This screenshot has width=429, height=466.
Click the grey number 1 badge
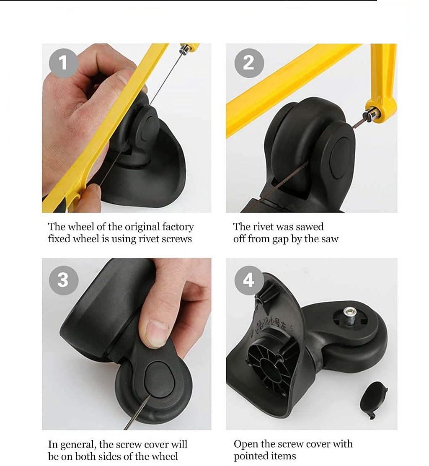point(63,63)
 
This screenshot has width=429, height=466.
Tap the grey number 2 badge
point(249,63)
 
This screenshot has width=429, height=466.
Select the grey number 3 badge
point(64,280)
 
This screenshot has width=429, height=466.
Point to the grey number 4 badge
point(249,280)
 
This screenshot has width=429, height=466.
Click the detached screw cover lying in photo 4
point(374,399)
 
